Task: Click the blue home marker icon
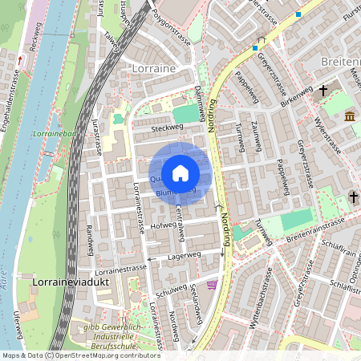180,172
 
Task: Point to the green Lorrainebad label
55,135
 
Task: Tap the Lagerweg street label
185,255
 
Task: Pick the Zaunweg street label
257,135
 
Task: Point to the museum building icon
351,118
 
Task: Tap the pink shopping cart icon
211,285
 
